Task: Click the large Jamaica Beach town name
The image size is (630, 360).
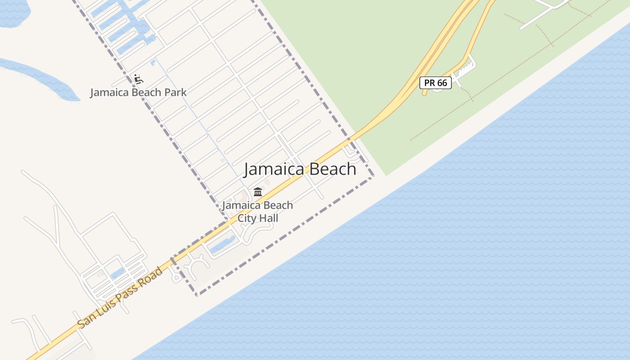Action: coord(300,169)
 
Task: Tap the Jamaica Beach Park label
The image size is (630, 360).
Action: coord(138,93)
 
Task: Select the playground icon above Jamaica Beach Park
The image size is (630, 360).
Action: coord(139,79)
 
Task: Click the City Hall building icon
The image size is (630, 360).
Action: coord(258,192)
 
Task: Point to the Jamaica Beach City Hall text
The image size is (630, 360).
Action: coord(257,211)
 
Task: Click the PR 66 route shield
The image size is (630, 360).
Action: coord(435,83)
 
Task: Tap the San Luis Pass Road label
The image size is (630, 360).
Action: coord(120,297)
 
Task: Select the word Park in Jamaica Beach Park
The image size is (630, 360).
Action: coord(175,93)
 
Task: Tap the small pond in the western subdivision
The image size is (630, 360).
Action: coord(117,272)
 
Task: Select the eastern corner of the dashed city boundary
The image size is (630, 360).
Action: coord(373,176)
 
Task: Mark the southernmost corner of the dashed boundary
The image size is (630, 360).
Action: coord(197,295)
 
